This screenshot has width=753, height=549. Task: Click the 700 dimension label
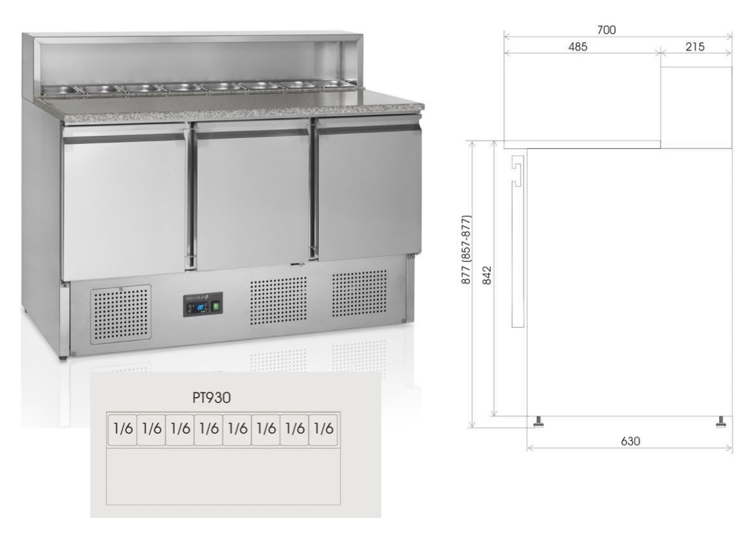[x=606, y=30]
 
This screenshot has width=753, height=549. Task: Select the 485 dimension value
[x=578, y=47]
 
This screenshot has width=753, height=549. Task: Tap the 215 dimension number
[x=695, y=47]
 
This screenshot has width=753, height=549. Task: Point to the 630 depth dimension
[x=630, y=441]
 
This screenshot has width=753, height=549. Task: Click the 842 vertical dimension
[x=487, y=276]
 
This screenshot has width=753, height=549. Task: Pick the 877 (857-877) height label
[x=466, y=249]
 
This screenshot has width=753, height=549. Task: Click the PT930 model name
[x=212, y=398]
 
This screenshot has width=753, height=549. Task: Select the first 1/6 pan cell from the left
[x=123, y=428]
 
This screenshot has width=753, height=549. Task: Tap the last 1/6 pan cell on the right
[x=323, y=428]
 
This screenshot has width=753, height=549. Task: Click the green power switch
[x=216, y=306]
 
